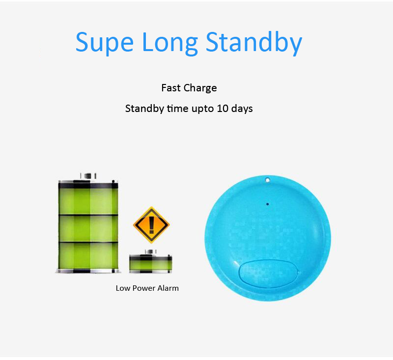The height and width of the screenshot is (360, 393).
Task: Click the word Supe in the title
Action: tap(104, 43)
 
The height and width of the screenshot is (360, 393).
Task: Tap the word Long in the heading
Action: tap(169, 43)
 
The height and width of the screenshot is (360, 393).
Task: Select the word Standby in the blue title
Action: tap(254, 43)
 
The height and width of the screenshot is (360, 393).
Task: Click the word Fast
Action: tap(171, 88)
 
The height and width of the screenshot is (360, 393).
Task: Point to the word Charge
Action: tap(200, 88)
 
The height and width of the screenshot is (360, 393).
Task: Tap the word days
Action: tap(242, 109)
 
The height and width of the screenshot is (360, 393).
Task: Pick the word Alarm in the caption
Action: tap(168, 288)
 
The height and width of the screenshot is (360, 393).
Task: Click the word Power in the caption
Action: tap(143, 288)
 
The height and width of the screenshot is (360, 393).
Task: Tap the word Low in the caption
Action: tap(123, 288)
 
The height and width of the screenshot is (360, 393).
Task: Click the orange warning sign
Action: tap(151, 225)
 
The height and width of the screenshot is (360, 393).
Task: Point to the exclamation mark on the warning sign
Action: tap(151, 225)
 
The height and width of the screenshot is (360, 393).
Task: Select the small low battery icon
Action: tap(151, 261)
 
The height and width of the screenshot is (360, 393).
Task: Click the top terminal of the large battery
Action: tap(88, 176)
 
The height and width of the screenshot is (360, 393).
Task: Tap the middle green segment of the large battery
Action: tap(88, 228)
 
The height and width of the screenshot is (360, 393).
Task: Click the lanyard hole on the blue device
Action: tap(267, 180)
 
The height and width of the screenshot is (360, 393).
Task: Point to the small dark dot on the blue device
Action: tap(267, 204)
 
